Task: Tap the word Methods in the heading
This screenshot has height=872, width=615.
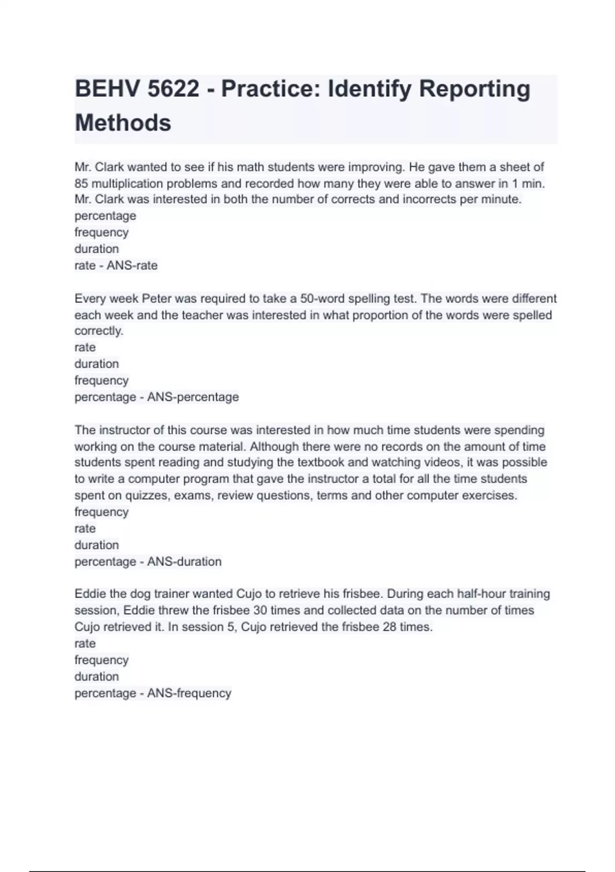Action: coord(123,123)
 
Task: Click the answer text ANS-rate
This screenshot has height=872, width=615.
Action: coord(132,266)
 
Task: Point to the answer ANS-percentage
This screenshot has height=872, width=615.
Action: coord(193,397)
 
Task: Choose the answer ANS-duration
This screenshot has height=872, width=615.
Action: coord(184,562)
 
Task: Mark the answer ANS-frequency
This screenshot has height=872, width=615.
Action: coord(189,693)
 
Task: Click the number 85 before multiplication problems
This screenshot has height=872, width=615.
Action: coord(81,184)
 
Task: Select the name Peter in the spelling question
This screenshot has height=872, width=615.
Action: coord(156,299)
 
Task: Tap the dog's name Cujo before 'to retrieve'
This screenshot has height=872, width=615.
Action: coord(249,594)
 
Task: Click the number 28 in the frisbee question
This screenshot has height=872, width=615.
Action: coord(389,627)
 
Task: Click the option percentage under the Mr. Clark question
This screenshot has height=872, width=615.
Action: coord(105,216)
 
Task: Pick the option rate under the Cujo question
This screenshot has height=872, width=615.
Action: coord(85,644)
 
